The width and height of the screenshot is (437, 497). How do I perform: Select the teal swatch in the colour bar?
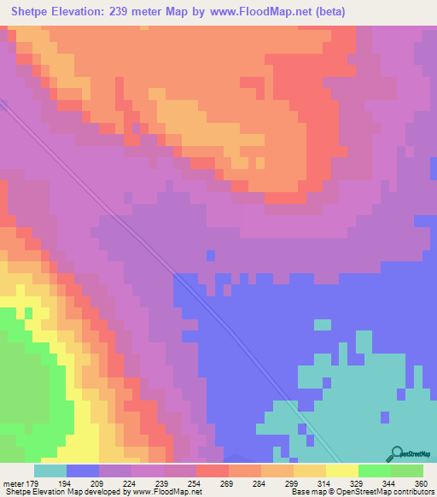click(x=50, y=471)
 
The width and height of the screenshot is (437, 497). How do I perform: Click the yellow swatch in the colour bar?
click(x=341, y=471)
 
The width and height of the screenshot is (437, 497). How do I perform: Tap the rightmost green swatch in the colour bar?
click(x=406, y=471)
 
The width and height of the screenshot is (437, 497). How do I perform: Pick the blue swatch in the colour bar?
click(x=82, y=471)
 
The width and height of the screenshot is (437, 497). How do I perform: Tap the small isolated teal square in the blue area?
click(x=322, y=325)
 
